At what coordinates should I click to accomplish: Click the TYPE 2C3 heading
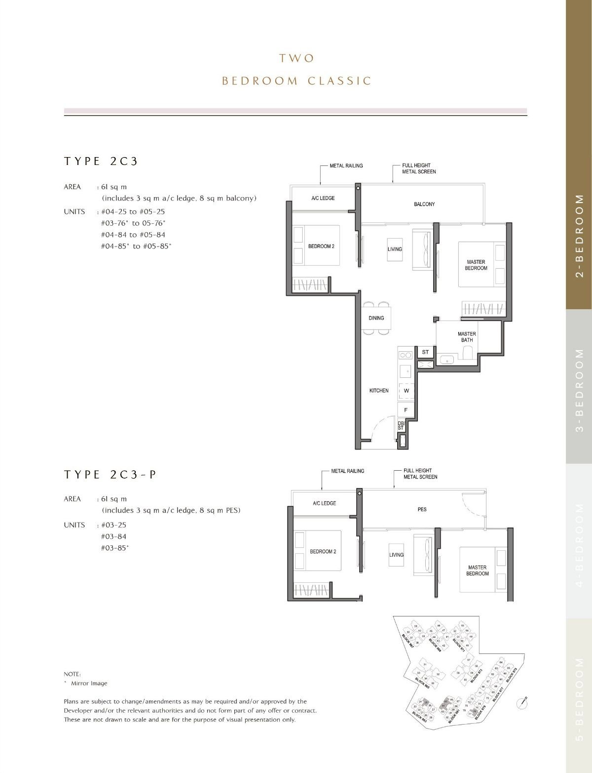pos(101,161)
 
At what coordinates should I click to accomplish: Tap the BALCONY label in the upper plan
pos(424,204)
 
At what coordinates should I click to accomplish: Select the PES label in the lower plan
pos(422,509)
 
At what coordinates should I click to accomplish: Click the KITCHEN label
pos(379,391)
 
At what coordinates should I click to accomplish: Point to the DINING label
pos(376,318)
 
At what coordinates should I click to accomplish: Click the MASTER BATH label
pos(467,337)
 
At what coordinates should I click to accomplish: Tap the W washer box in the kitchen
pos(407,391)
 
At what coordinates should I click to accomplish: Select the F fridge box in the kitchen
pos(406,410)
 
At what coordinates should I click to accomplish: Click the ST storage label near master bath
pos(425,352)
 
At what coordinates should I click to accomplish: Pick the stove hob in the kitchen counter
pos(406,355)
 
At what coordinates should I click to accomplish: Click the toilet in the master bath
pos(468,352)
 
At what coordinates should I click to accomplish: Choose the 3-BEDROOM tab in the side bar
pos(579,390)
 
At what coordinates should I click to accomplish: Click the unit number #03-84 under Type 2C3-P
pos(113,536)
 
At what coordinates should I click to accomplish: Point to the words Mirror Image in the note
pos(89,684)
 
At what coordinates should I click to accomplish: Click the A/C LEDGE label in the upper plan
pos(323,198)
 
